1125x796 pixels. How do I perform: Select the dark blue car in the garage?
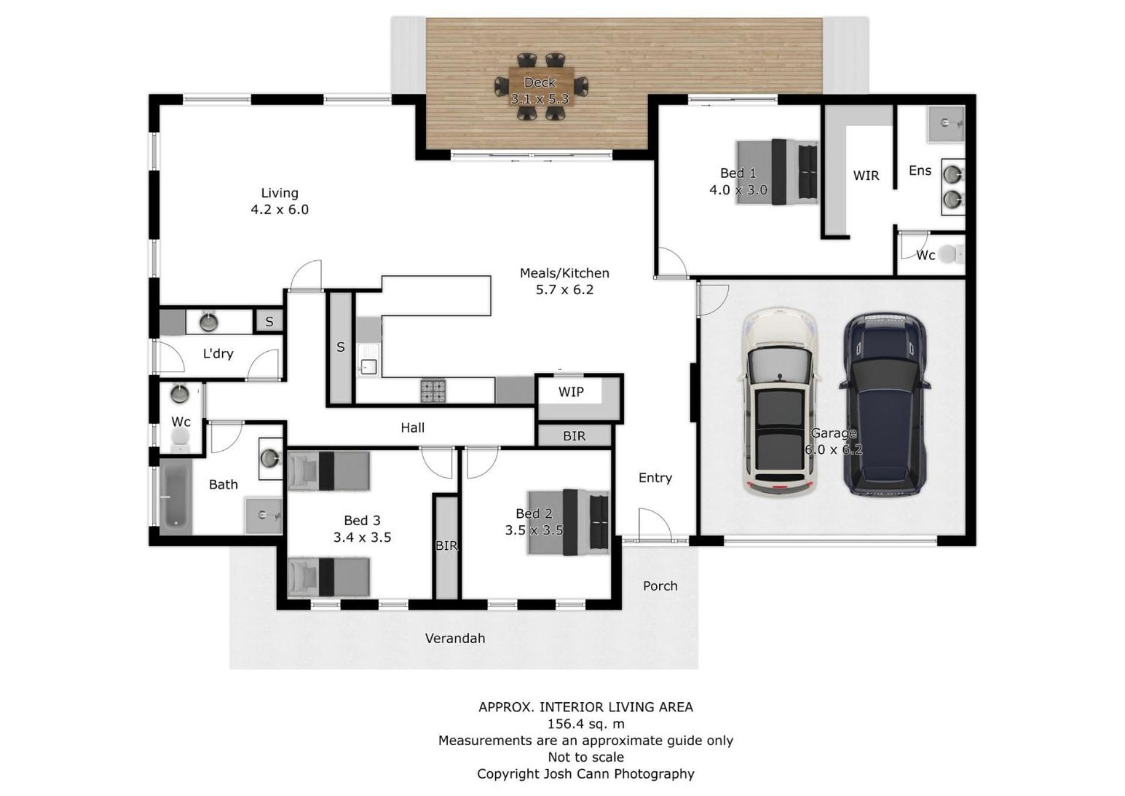coord(885,403)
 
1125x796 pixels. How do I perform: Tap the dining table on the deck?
coord(540,87)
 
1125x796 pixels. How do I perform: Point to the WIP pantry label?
coord(571,392)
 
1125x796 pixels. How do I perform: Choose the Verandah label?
coord(455,638)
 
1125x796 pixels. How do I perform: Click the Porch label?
coord(660,586)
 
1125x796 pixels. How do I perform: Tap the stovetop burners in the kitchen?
coord(432,391)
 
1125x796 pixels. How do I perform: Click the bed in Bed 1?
coord(777,172)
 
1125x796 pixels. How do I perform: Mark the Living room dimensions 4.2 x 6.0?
coord(279,209)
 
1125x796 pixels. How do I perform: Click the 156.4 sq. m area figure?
coord(585,724)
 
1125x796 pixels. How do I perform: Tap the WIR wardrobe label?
coord(866,175)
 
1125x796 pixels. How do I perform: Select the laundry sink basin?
coord(209,322)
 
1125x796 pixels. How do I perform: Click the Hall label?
coord(412,428)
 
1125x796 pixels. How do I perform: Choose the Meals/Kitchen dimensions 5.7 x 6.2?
coord(564,290)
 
